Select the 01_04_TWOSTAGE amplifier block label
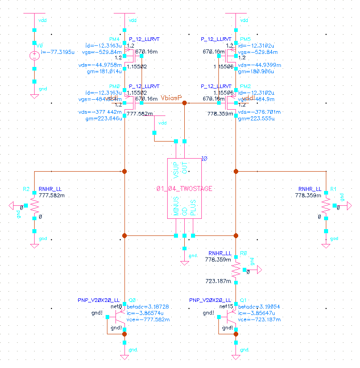click(184, 188)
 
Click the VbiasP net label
click(171, 98)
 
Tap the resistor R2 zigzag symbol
click(35, 206)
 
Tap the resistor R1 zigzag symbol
click(325, 206)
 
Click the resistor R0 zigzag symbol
click(236, 270)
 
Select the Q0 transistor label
click(132, 300)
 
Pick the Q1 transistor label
click(244, 300)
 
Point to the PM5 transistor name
click(245, 40)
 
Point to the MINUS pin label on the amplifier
click(177, 206)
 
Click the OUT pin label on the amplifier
click(184, 169)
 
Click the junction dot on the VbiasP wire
click(184, 103)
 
